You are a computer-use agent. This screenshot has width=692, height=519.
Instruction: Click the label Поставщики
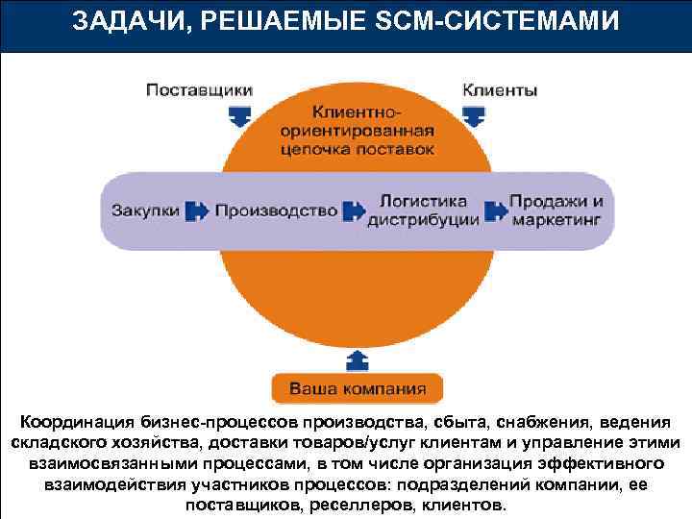pos(199,91)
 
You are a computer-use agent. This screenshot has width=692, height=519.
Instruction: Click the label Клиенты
pos(501,91)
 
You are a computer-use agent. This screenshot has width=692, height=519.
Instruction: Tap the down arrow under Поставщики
pos(239,115)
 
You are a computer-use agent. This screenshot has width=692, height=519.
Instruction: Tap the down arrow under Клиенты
pos(473,115)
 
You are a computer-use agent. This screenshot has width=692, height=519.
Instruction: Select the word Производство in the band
pos(276,210)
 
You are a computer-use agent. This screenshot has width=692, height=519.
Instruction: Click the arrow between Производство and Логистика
pos(354,210)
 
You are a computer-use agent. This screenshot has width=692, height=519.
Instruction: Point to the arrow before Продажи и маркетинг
pos(495,210)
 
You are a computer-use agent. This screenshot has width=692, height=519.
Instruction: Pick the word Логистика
pos(424,202)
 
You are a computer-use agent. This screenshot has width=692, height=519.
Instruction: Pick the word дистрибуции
pos(424,219)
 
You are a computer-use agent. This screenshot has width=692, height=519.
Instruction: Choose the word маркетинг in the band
pos(556,219)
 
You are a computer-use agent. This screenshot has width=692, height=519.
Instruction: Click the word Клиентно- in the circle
pos(357,112)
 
